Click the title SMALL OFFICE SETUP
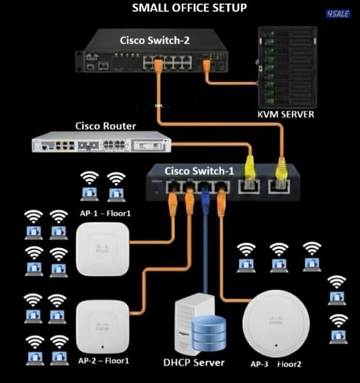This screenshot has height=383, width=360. (x=189, y=8)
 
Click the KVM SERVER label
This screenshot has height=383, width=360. (x=286, y=114)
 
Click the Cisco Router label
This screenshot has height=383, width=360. (x=106, y=126)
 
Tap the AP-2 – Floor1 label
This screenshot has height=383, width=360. (x=103, y=360)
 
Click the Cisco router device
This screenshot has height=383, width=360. (x=101, y=143)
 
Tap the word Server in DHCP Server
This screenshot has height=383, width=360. (x=209, y=362)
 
